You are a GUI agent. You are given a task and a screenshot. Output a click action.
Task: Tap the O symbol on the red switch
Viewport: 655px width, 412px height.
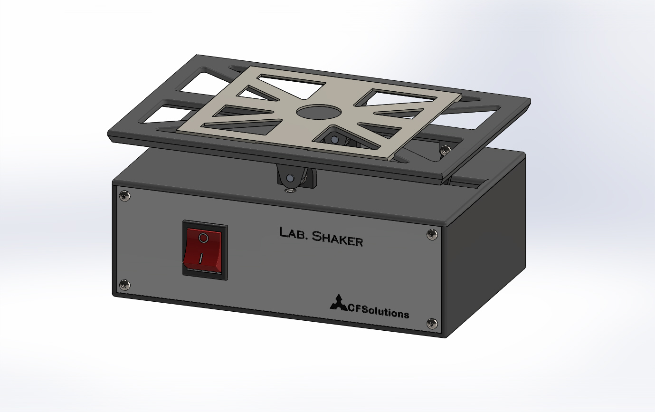[x=203, y=237]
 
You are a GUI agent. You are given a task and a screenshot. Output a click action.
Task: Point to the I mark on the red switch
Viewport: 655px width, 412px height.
[x=201, y=258]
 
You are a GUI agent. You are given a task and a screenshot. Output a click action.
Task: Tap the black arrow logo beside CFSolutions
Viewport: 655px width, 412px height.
[x=338, y=303]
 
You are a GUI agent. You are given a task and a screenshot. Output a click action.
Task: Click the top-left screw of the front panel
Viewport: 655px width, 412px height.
[x=125, y=195]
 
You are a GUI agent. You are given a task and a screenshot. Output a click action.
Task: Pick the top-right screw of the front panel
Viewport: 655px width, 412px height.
[x=431, y=234]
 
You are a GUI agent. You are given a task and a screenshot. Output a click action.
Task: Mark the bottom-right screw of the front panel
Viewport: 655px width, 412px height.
[x=432, y=323]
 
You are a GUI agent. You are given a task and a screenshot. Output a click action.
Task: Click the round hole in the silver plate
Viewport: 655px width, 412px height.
[x=319, y=112]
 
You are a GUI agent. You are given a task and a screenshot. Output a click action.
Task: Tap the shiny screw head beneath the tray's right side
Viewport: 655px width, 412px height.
[x=445, y=149]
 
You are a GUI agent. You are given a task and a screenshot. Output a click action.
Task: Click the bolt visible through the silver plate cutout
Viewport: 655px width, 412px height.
[x=334, y=140]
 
